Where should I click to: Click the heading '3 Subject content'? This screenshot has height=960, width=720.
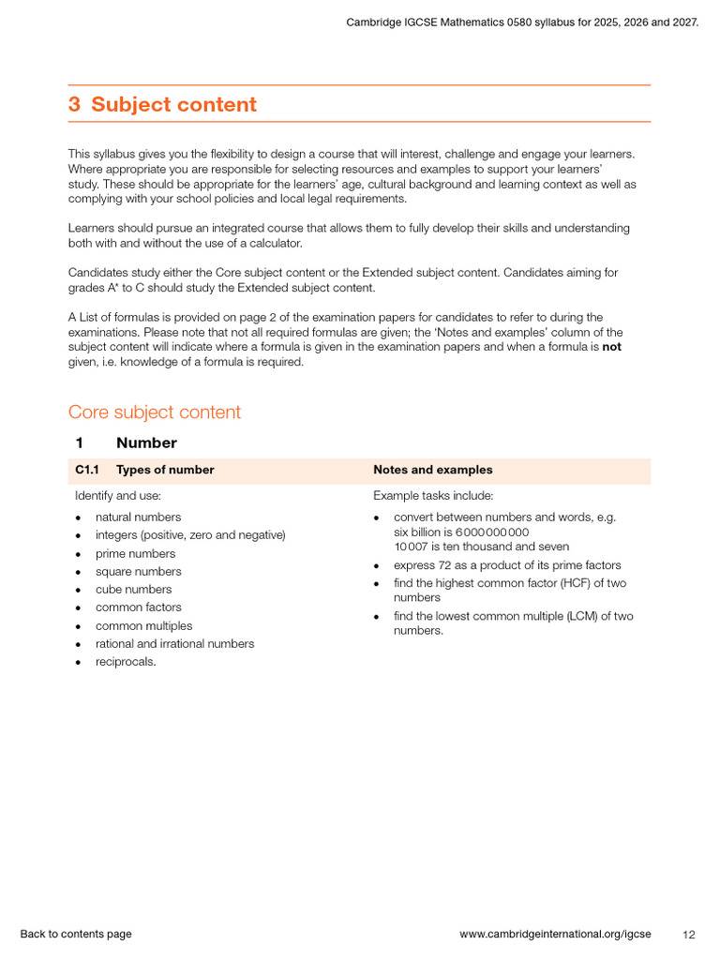(x=162, y=104)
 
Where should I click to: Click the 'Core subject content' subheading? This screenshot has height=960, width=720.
(x=154, y=412)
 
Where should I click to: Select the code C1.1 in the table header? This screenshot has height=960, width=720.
(x=88, y=470)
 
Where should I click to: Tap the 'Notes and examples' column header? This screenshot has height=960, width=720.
(x=432, y=470)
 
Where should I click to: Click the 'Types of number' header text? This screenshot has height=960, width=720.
(x=165, y=470)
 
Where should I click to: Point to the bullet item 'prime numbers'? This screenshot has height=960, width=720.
(x=135, y=553)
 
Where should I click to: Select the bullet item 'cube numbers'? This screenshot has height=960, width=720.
(x=133, y=590)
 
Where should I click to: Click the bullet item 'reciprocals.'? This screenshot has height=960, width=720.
(x=126, y=662)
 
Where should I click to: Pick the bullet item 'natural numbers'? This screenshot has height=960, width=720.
(x=138, y=517)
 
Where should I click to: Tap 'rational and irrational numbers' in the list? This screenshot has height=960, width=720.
(x=174, y=644)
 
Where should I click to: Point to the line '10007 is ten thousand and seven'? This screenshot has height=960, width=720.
(x=481, y=547)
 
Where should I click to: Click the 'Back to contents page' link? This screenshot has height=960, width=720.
(x=76, y=934)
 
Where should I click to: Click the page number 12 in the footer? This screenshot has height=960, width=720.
(x=689, y=935)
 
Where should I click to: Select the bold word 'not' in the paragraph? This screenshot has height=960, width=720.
(x=611, y=347)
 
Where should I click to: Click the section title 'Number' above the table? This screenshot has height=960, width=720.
(x=146, y=442)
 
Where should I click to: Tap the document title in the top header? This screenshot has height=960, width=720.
(x=522, y=22)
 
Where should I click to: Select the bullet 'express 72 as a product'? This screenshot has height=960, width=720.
(x=506, y=565)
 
